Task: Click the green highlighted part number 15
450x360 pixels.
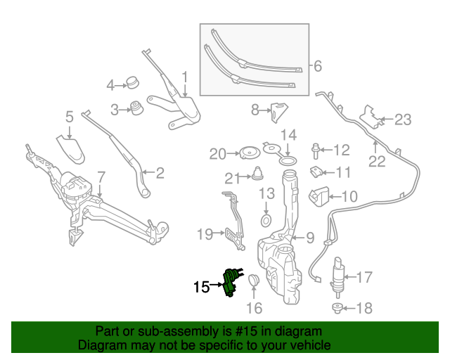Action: (231, 283)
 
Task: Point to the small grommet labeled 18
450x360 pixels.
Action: (337, 308)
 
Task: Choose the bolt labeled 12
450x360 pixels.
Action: (317, 148)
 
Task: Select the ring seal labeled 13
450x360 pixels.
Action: (266, 221)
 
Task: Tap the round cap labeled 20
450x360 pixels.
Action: (247, 153)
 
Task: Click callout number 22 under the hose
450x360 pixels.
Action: (377, 162)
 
